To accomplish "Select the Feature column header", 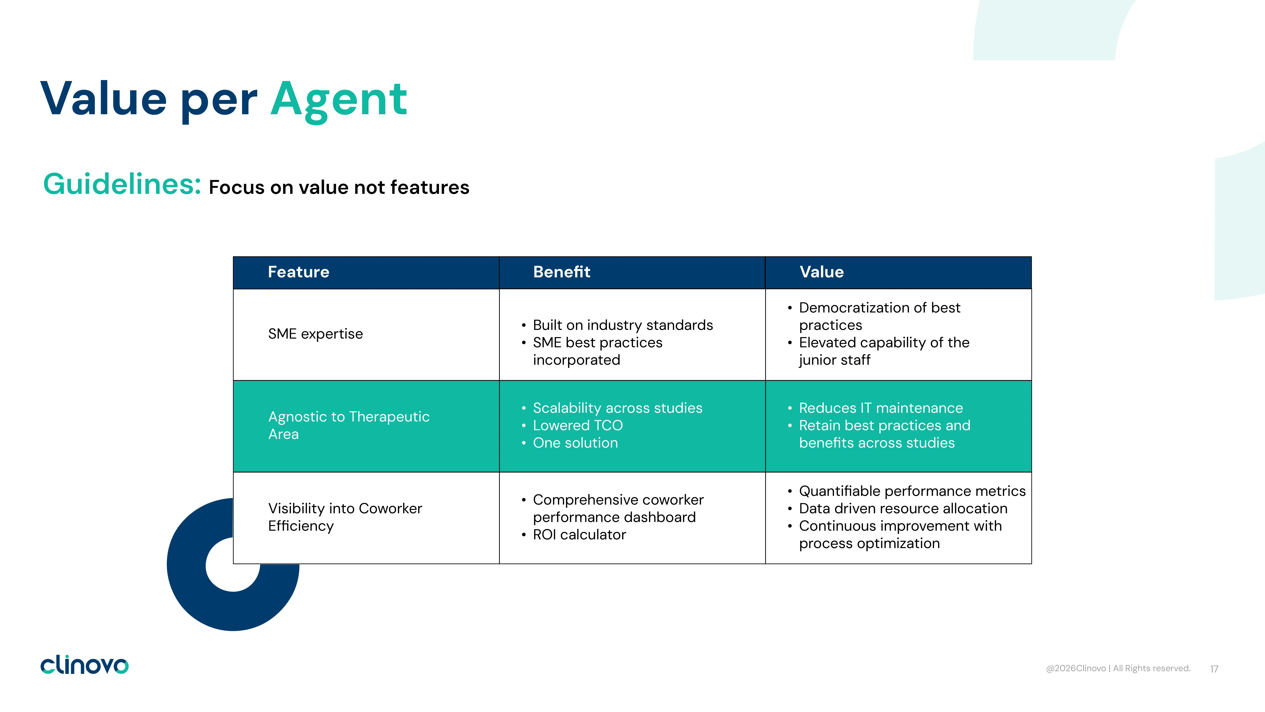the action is coord(299,272).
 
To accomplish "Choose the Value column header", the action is coord(822,272).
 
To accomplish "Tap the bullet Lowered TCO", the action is coord(577,425).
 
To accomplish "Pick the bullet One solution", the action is coord(575,443).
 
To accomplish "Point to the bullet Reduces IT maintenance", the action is coord(880,408).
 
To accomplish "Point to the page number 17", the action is coord(1214,669).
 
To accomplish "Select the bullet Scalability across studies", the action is coord(617,408).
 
